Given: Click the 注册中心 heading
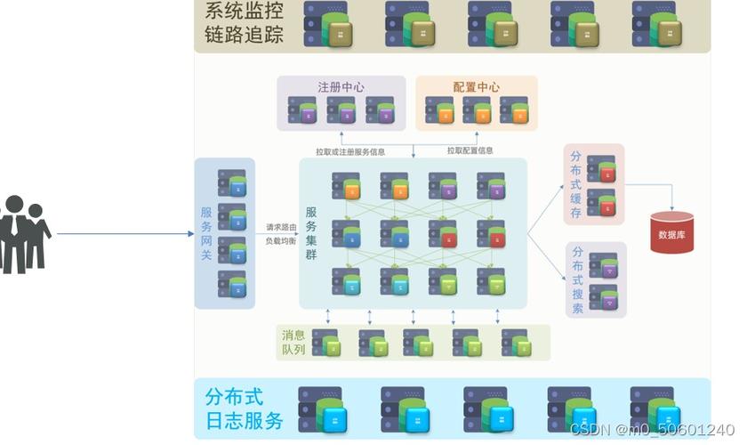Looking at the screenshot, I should pyautogui.click(x=341, y=87).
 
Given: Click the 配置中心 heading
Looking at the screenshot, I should pyautogui.click(x=476, y=87).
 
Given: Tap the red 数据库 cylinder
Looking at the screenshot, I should pyautogui.click(x=671, y=233).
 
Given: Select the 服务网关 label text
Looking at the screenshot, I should pyautogui.click(x=206, y=233).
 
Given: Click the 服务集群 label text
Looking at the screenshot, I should pyautogui.click(x=311, y=233).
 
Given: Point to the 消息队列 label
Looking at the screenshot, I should pyautogui.click(x=293, y=343).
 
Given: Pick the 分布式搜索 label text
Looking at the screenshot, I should pyautogui.click(x=578, y=279).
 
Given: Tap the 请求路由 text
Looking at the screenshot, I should pyautogui.click(x=282, y=227).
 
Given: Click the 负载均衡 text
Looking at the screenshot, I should pyautogui.click(x=282, y=241).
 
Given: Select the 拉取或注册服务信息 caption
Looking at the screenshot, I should pyautogui.click(x=350, y=151).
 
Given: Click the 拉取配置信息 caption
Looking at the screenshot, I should pyautogui.click(x=470, y=151).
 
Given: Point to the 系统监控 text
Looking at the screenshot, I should pyautogui.click(x=238, y=12).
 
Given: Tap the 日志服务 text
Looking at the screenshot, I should pyautogui.click(x=243, y=421).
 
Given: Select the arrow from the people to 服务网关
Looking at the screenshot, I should pyautogui.click(x=124, y=234).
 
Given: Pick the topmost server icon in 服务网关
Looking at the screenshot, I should pyautogui.click(x=232, y=184).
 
